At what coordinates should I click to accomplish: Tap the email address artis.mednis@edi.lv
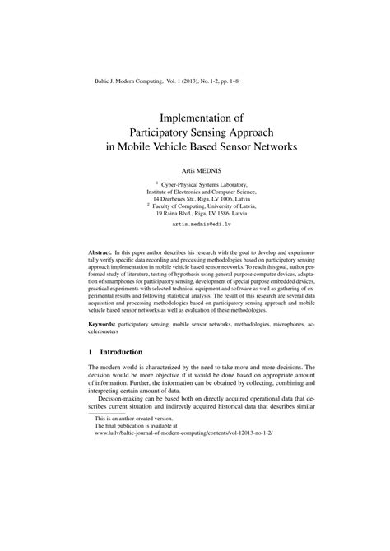[x=194, y=224]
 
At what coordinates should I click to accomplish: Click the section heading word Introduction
[x=121, y=352]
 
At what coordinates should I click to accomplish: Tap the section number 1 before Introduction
[x=90, y=352]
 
